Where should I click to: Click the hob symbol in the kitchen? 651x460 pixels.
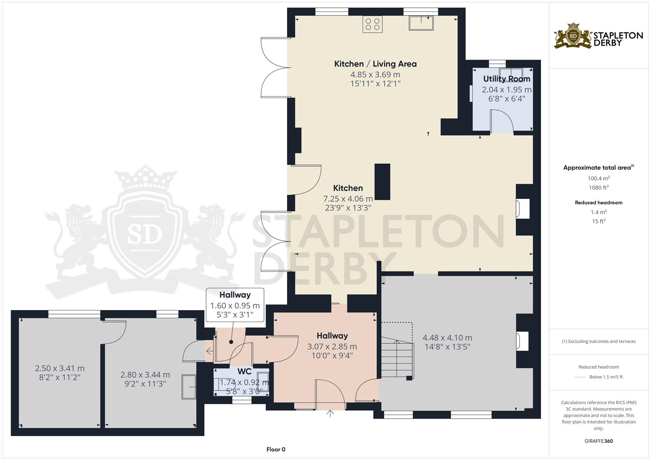[372, 24]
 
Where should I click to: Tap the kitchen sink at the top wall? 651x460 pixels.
[421, 23]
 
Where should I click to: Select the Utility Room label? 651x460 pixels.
[506, 79]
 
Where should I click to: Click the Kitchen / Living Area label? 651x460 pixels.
[375, 64]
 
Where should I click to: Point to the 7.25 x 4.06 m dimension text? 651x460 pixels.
[348, 198]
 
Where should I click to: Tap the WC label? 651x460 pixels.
[244, 371]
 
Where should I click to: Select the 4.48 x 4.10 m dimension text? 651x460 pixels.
[447, 338]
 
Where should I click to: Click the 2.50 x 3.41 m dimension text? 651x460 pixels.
[60, 368]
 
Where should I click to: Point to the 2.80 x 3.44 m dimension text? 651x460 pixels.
[145, 375]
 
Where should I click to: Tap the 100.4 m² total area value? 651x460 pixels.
[599, 178]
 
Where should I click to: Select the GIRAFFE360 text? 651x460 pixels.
[599, 441]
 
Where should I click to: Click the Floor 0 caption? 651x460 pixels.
[276, 449]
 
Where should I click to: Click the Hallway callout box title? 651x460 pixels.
[235, 295]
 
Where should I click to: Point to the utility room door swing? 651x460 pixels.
[501, 121]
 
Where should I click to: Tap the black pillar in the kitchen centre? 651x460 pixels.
[382, 182]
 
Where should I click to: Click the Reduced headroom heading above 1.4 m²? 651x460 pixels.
[599, 203]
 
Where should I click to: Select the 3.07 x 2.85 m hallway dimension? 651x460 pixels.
[332, 347]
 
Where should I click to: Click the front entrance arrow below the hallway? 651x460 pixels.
[330, 413]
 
